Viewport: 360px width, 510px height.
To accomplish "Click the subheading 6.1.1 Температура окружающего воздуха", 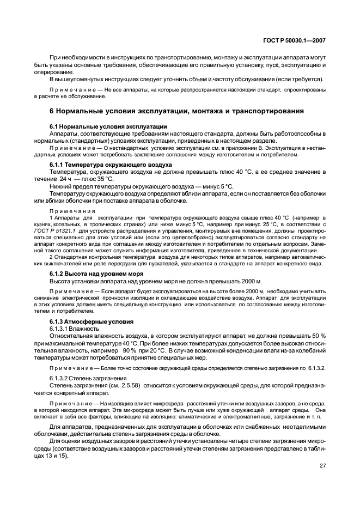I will pos(111,164).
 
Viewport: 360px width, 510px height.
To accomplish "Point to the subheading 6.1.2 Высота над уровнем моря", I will pos(96,273).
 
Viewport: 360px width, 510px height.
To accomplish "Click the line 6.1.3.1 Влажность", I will pos(75,329).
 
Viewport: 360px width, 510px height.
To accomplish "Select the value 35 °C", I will pos(103,179).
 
